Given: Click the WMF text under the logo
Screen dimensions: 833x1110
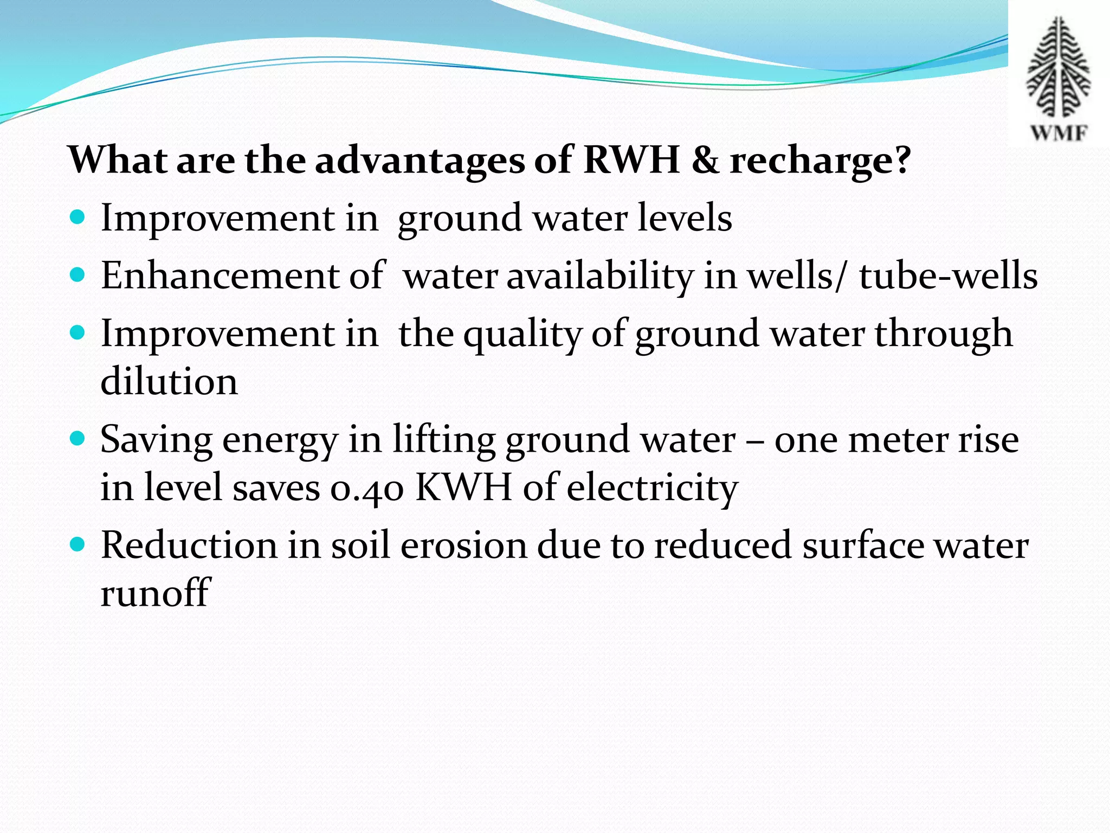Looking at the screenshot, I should pos(1059,132).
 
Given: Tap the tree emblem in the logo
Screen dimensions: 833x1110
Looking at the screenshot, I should pos(1059,67).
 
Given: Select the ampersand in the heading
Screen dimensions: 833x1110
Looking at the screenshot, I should pos(704,161).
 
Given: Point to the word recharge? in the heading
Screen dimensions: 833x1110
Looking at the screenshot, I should pos(820,162).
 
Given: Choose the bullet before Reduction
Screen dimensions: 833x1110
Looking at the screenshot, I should pos(78,544).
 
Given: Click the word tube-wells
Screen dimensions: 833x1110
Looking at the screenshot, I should pos(948,275).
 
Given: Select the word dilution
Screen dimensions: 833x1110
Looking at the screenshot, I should pos(169,381).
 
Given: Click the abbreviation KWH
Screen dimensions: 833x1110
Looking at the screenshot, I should pos(463,486).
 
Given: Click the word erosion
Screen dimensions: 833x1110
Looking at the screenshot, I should pos(463,545).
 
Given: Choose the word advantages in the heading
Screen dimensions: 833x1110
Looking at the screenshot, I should pos(420,162).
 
